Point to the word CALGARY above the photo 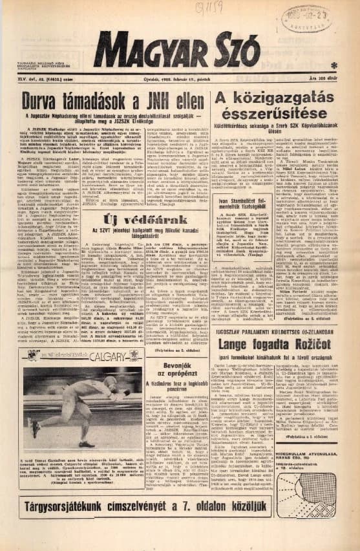(x=107, y=358)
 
